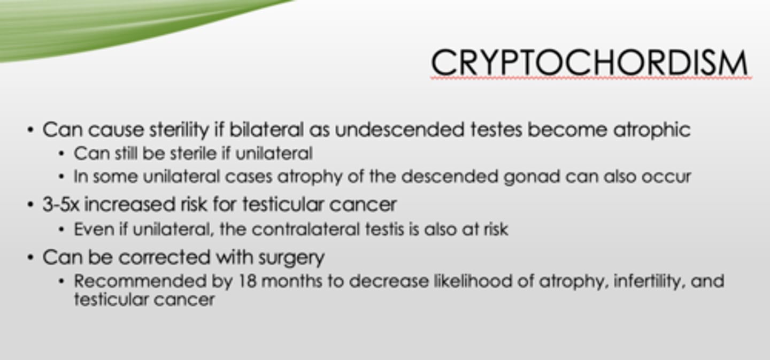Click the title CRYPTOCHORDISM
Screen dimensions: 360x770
coord(590,62)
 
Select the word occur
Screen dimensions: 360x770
coord(668,177)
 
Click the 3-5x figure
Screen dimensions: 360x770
coord(61,204)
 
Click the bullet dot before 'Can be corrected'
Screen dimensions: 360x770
coord(31,258)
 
